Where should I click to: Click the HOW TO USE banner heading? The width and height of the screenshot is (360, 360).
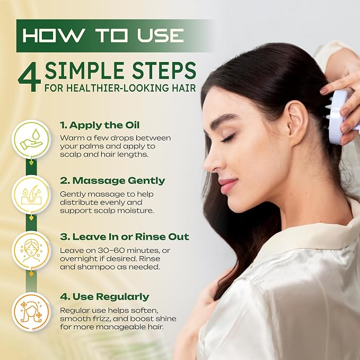tap(103, 36)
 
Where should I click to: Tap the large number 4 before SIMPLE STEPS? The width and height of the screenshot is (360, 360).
tap(29, 77)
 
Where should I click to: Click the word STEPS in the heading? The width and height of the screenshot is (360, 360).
tap(164, 71)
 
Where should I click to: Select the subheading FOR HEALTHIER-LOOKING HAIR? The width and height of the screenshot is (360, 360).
tap(120, 88)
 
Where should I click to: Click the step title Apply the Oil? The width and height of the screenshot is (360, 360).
tap(100, 125)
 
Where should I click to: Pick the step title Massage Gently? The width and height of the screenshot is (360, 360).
tap(112, 181)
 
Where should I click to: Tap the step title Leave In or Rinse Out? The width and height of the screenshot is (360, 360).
tap(125, 236)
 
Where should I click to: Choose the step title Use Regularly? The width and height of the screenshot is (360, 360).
tap(104, 296)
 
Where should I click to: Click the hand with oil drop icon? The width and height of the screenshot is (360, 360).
tap(31, 139)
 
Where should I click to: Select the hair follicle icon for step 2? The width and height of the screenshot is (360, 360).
tap(31, 195)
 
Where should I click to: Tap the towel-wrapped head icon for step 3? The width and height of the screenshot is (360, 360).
tap(31, 250)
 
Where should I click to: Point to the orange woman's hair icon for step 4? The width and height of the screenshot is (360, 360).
tap(31, 312)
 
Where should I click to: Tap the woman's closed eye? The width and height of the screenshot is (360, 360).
tap(228, 138)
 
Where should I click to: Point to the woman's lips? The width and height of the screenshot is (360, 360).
tap(227, 186)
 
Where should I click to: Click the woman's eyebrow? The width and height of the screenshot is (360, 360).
tap(224, 119)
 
